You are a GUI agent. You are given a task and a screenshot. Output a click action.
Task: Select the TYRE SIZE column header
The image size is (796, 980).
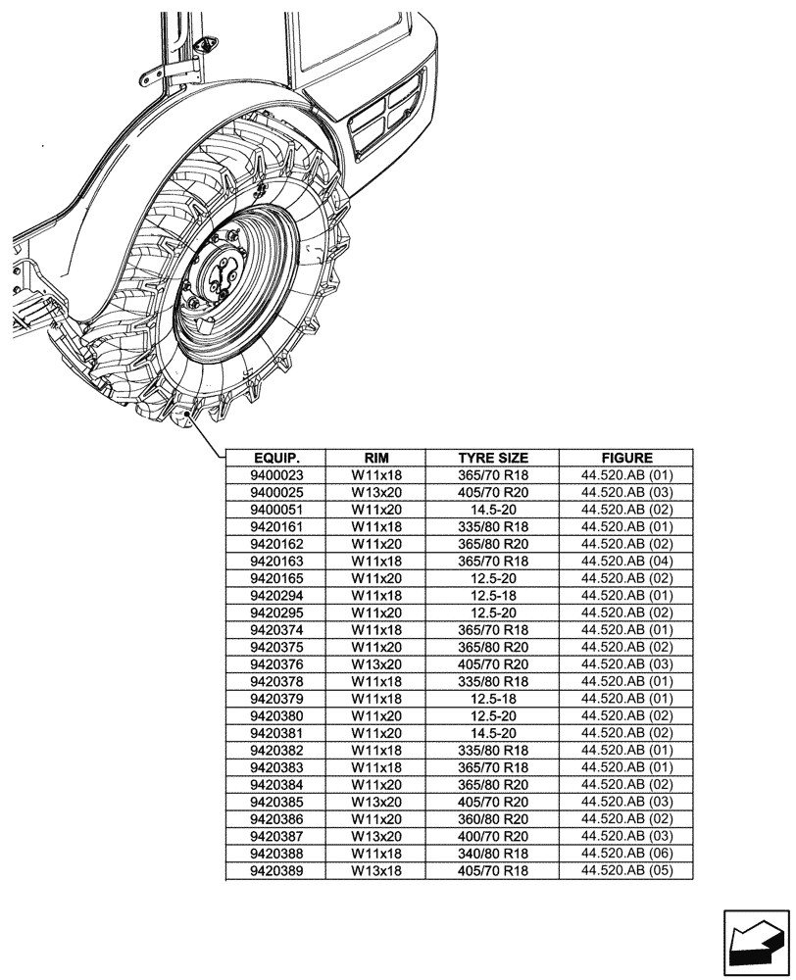(x=493, y=458)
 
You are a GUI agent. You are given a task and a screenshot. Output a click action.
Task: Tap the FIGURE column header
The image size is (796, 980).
(x=626, y=458)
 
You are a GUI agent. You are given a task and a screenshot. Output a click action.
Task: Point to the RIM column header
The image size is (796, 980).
(x=376, y=458)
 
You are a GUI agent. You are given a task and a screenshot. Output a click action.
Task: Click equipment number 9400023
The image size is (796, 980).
(x=276, y=475)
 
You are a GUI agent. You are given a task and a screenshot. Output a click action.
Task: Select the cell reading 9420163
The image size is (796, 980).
(x=276, y=562)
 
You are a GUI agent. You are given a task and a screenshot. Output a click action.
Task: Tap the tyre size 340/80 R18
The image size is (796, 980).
(x=493, y=854)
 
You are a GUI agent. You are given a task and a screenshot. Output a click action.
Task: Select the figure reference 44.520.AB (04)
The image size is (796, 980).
(x=626, y=562)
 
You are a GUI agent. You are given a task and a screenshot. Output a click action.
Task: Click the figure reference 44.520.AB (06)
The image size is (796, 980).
(x=626, y=854)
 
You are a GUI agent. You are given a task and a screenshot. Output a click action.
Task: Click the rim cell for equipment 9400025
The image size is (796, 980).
(x=376, y=492)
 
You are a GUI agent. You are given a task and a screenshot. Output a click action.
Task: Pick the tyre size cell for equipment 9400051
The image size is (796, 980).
(x=493, y=510)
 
